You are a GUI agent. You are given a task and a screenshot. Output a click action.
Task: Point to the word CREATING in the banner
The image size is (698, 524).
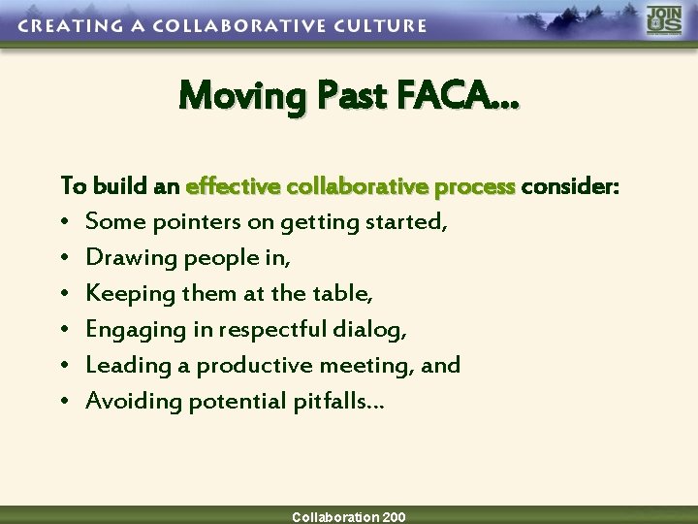(x=63, y=26)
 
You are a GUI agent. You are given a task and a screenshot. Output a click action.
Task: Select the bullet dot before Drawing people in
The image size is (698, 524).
(x=65, y=259)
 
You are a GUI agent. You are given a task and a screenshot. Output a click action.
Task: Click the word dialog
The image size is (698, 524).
(x=372, y=330)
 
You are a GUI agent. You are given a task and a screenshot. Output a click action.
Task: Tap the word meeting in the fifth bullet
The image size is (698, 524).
(x=375, y=366)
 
